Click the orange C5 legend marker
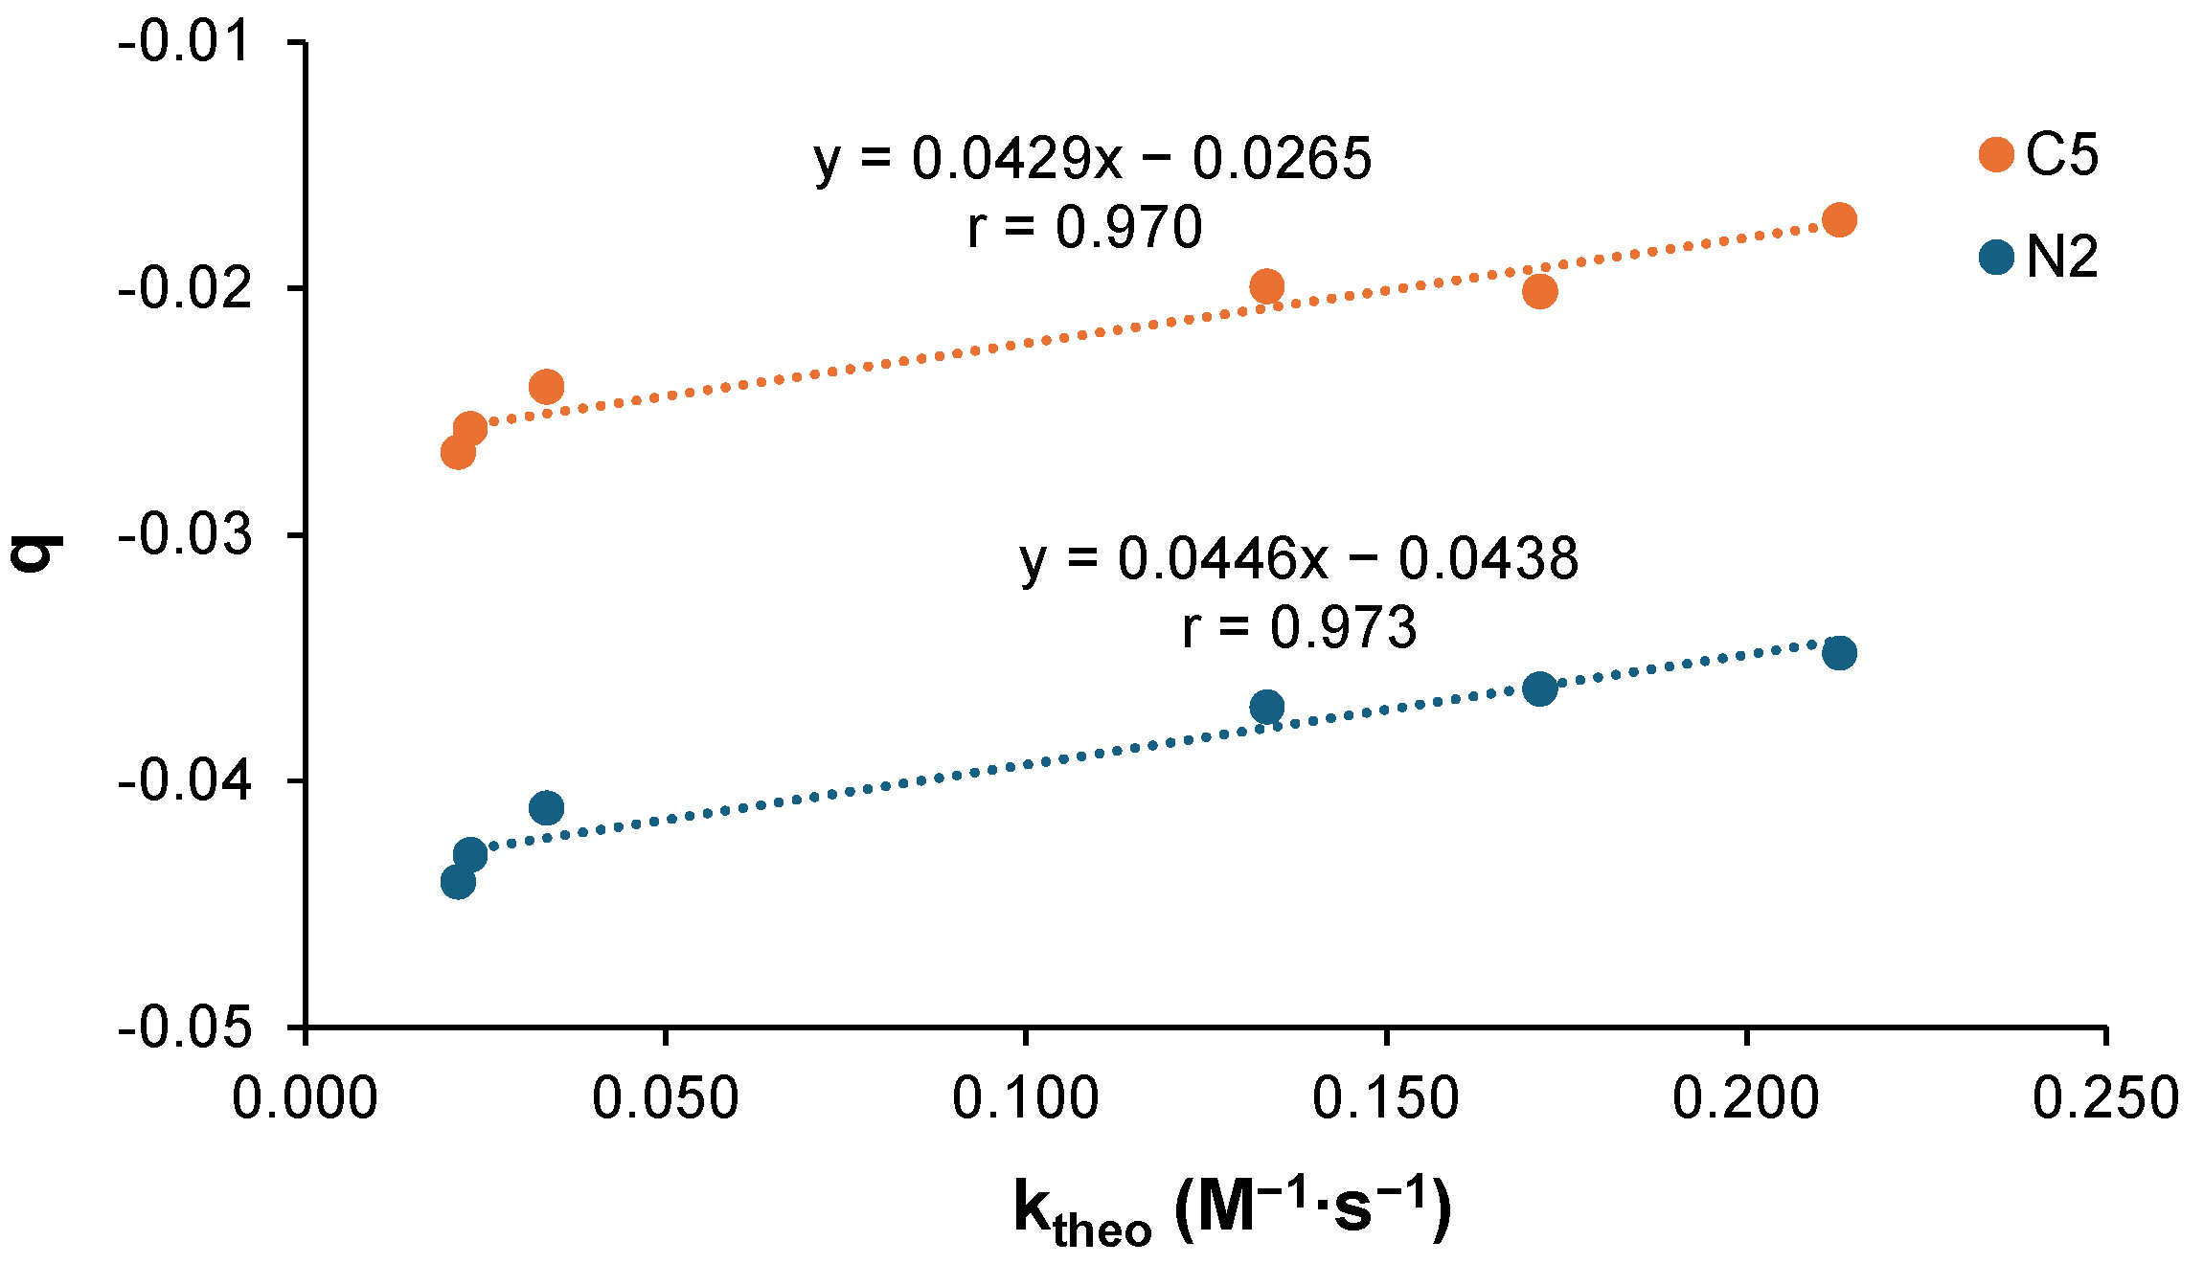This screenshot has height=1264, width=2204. coord(1996,154)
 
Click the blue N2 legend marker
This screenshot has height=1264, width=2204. coord(1996,257)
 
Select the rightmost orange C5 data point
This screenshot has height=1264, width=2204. coord(1839,220)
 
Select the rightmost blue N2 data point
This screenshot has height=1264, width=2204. coord(1839,654)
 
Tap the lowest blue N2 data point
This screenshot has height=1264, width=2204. coord(458,882)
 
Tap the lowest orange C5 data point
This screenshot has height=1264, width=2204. coord(458,452)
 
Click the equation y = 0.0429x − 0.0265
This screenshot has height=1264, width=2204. coord(1093,159)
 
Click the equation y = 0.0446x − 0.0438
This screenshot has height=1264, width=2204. coord(1299,559)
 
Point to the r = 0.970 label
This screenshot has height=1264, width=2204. coord(1084,228)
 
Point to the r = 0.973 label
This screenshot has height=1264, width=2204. coord(1299,628)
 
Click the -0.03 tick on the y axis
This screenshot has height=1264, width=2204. coord(185,534)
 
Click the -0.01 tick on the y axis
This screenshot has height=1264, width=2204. coord(185,42)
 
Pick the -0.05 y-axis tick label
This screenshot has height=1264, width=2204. coord(185,1027)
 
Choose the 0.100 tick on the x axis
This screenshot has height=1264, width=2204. coord(1025,1098)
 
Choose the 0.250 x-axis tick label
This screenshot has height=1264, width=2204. coord(2105,1098)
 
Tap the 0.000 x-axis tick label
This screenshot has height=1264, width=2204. coord(306,1098)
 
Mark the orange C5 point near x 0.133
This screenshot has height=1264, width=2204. coord(1266,286)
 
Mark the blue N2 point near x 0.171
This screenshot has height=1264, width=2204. coord(1539,688)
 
